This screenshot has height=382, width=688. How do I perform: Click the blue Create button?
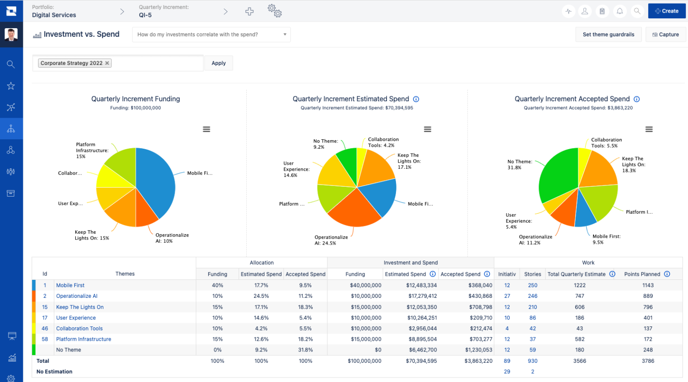(x=666, y=11)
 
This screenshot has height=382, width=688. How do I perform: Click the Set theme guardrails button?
(x=608, y=34)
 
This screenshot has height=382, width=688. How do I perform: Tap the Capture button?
(x=666, y=34)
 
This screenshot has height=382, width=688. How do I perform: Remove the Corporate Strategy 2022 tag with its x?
(x=107, y=63)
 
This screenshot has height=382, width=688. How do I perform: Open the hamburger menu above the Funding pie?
(x=206, y=129)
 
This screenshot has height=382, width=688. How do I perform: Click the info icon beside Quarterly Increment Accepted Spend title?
(x=636, y=99)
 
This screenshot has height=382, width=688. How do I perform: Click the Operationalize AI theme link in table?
(x=77, y=296)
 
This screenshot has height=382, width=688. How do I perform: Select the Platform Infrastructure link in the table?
(x=83, y=339)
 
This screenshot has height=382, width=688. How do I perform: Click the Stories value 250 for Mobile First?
(x=533, y=285)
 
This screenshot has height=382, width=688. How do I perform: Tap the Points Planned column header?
(x=642, y=274)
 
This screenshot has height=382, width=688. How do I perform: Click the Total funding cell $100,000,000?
(x=364, y=361)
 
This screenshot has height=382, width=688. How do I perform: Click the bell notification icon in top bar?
(x=619, y=11)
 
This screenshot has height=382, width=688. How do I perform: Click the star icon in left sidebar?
(x=11, y=86)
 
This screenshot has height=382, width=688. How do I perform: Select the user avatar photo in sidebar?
(x=11, y=34)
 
